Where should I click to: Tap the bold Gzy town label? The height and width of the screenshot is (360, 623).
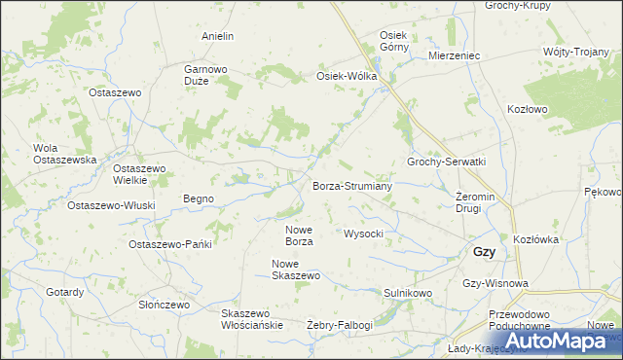pos(484,251)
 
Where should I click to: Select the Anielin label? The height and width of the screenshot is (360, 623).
pos(218,36)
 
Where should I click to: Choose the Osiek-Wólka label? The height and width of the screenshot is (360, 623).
pos(346,76)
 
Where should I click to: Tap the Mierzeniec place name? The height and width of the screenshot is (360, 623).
pos(456,56)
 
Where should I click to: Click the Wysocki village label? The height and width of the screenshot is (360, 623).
pos(365,234)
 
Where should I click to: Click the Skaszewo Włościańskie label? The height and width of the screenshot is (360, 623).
pos(251,319)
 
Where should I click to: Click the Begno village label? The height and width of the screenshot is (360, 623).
pos(199,198)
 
